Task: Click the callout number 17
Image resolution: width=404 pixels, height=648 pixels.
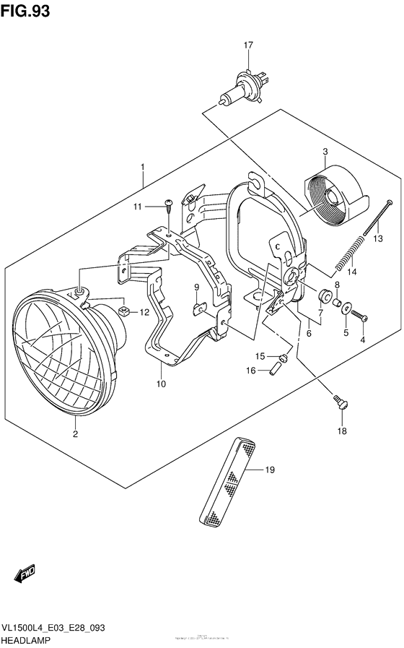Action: tap(248, 46)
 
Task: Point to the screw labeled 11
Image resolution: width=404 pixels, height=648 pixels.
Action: tap(167, 205)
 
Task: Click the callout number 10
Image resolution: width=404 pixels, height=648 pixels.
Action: tap(159, 384)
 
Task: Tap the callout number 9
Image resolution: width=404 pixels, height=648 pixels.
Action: tap(196, 288)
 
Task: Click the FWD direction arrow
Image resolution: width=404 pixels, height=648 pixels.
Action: tap(24, 576)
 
